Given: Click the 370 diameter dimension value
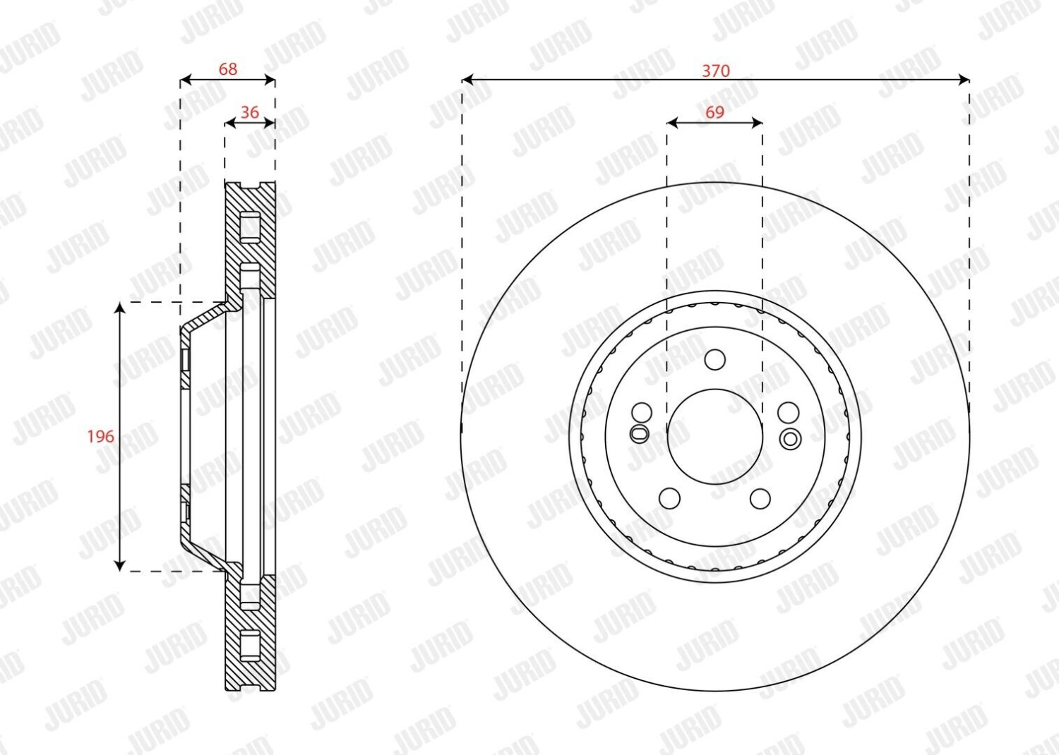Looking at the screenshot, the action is click(716, 71).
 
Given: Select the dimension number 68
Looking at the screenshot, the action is click(227, 69).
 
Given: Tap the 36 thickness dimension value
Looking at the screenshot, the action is click(250, 112).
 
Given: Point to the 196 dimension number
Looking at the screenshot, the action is click(100, 436).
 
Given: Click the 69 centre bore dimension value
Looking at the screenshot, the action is click(714, 112).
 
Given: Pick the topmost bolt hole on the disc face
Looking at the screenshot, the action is click(714, 360).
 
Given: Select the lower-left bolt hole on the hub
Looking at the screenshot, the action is click(669, 498).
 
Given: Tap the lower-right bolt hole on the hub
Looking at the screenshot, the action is click(760, 498).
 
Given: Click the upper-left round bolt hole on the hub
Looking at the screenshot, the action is click(642, 413).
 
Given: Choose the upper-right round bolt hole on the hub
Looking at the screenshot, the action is click(788, 413).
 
